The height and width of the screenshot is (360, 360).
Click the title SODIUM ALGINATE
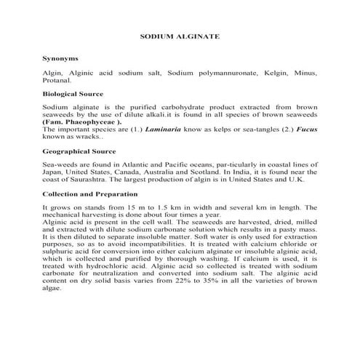coord(180,35)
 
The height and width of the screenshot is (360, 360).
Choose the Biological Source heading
coord(73,94)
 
